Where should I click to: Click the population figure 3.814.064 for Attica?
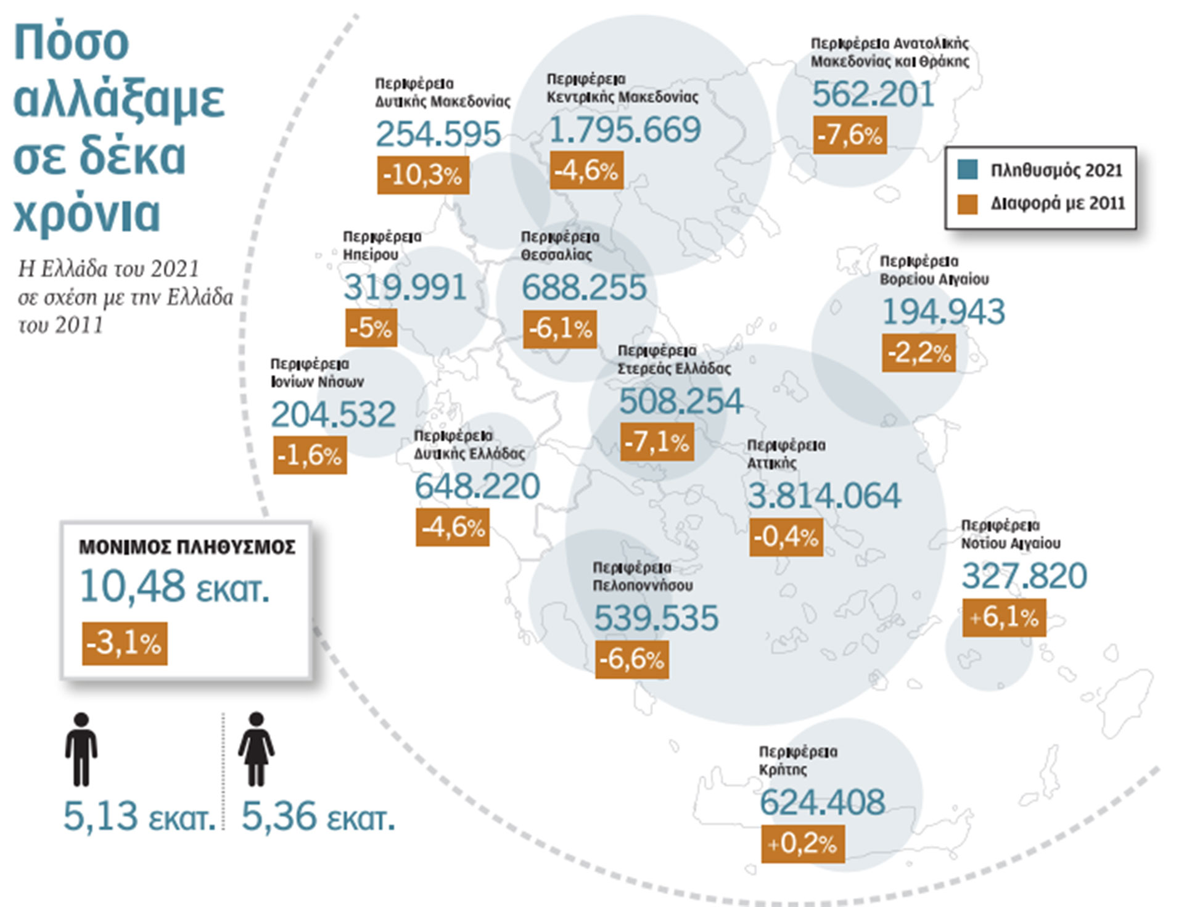[824, 496]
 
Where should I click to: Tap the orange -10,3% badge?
[423, 175]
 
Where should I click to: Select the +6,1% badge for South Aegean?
[1004, 617]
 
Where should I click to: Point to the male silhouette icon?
[81, 749]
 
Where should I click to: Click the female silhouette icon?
[257, 749]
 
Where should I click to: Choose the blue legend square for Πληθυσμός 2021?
[968, 170]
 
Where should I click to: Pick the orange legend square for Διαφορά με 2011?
[968, 204]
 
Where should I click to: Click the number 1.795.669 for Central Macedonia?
[624, 130]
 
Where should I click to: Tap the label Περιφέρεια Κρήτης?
[797, 760]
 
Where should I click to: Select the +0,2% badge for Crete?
[803, 843]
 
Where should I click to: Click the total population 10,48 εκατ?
[175, 586]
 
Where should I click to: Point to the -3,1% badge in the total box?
[125, 644]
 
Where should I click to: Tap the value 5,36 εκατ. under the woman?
[318, 816]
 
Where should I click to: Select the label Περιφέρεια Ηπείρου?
[382, 245]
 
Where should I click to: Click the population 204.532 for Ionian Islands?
[333, 414]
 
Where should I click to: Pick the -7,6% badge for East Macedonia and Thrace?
[850, 135]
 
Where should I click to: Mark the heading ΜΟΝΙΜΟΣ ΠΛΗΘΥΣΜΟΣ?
[187, 547]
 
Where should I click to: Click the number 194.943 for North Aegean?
[943, 312]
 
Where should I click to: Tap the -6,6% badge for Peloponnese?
[632, 660]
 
